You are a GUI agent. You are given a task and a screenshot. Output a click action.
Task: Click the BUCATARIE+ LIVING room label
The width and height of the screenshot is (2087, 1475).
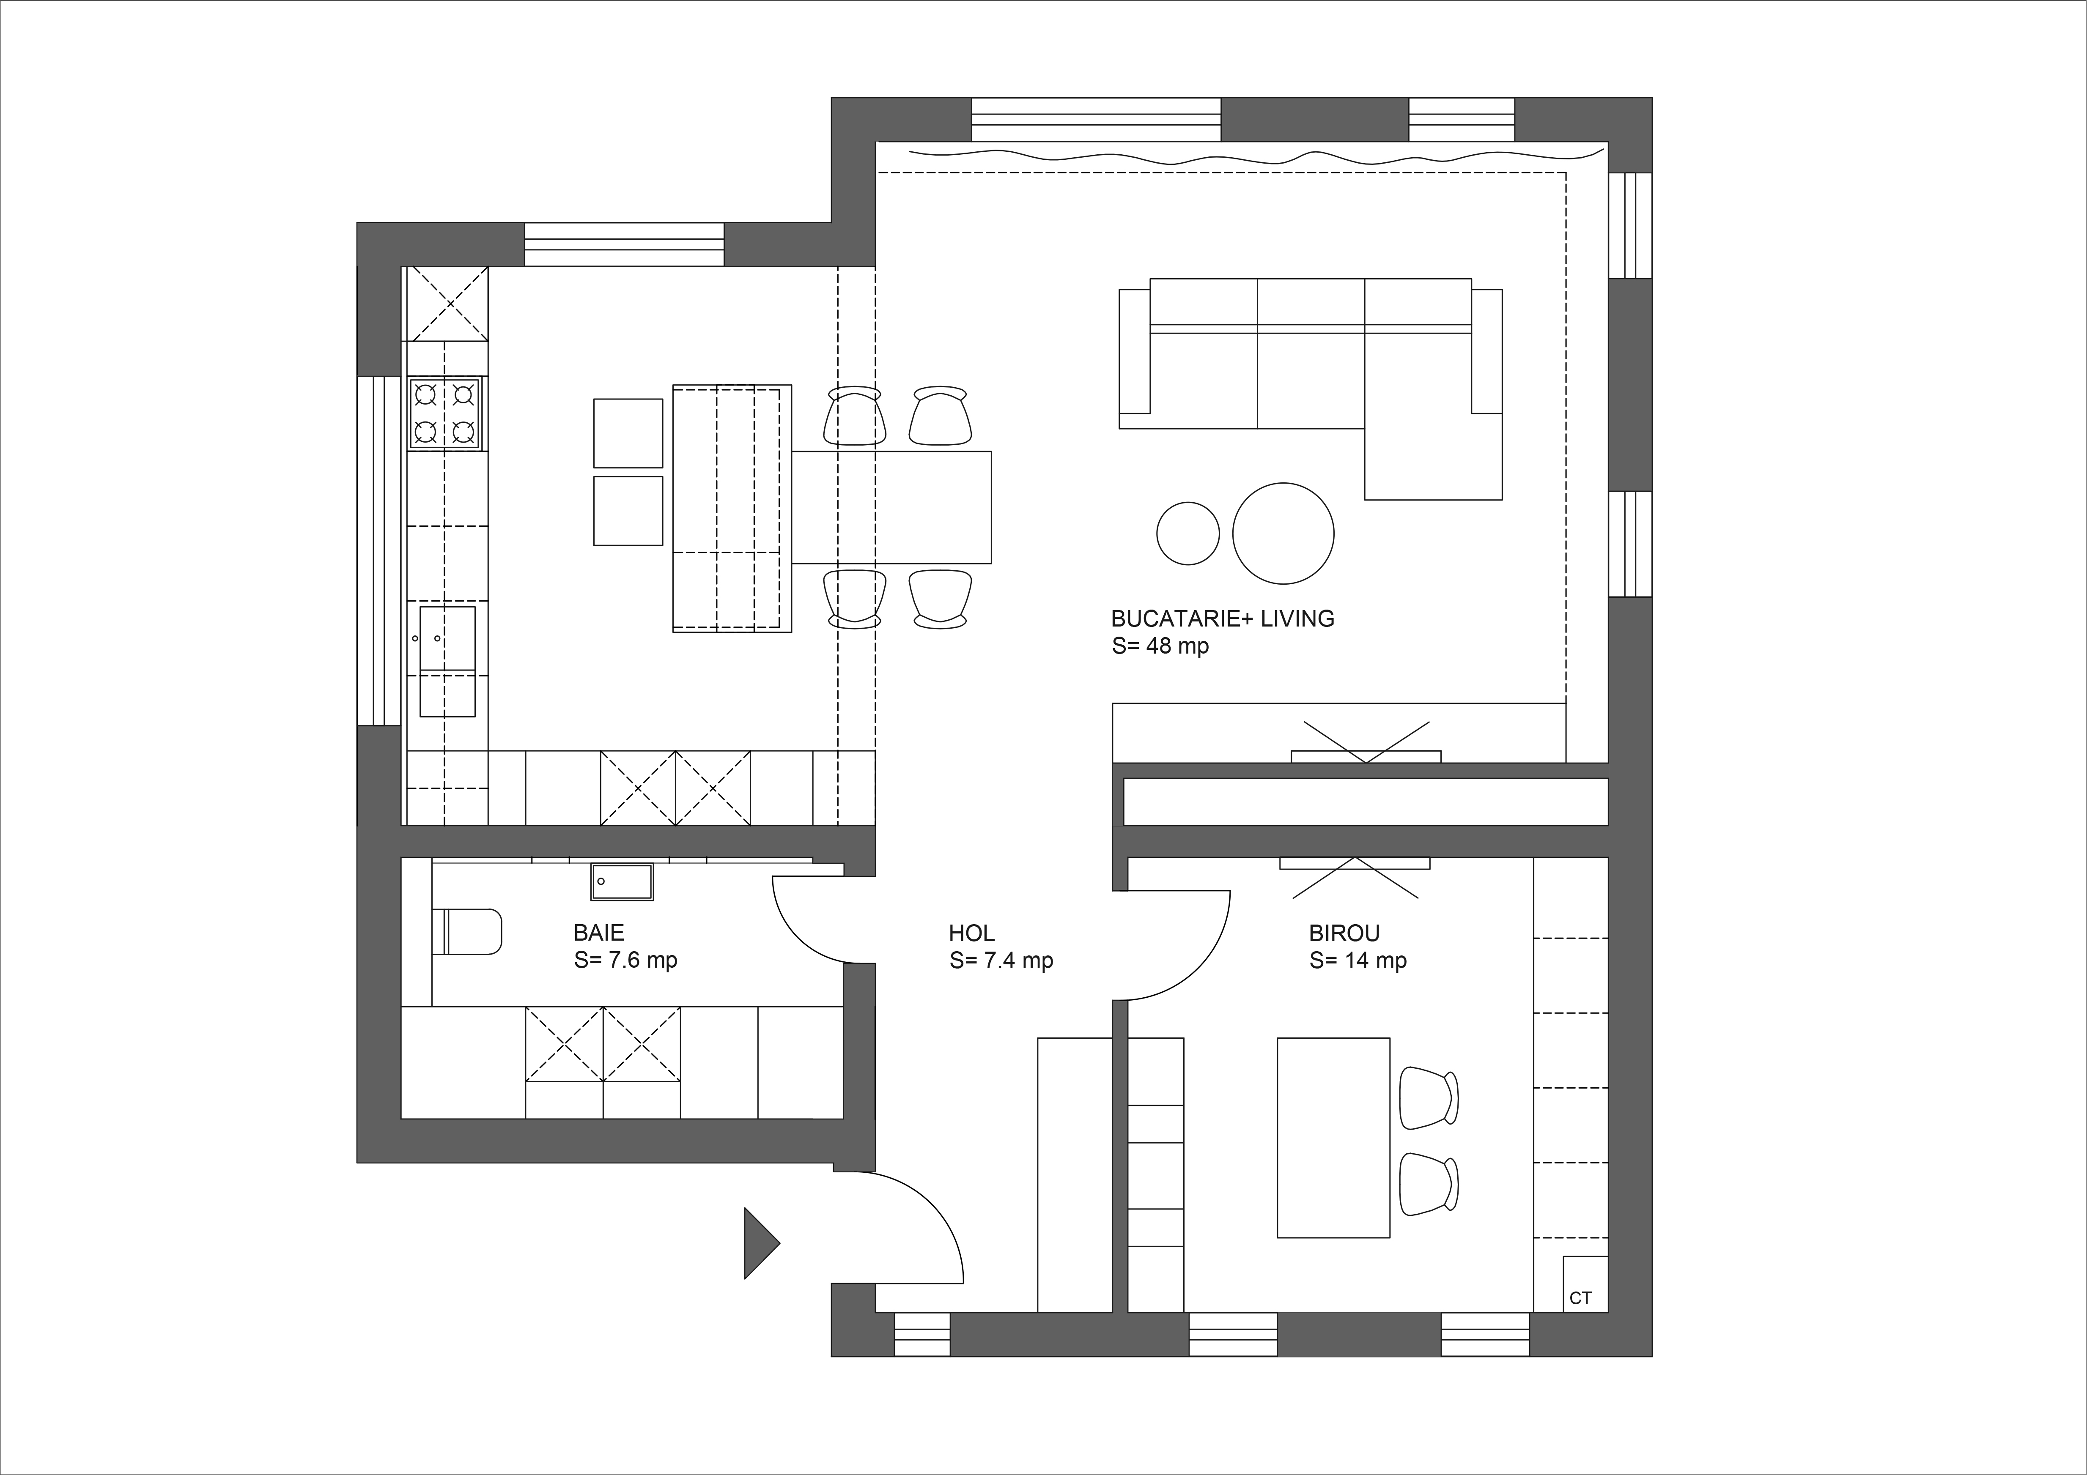click(1223, 619)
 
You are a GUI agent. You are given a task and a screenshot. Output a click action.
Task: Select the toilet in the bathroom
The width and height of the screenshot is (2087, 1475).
click(466, 931)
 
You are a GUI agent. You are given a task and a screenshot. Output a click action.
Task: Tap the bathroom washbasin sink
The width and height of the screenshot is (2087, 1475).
click(622, 881)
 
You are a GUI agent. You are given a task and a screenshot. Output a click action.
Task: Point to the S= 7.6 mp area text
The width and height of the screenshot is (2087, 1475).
click(625, 961)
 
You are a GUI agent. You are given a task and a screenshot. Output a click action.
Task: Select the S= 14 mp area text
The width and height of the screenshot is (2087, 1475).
click(1358, 961)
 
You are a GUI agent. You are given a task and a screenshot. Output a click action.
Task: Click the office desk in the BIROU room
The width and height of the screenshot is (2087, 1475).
click(1333, 1138)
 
